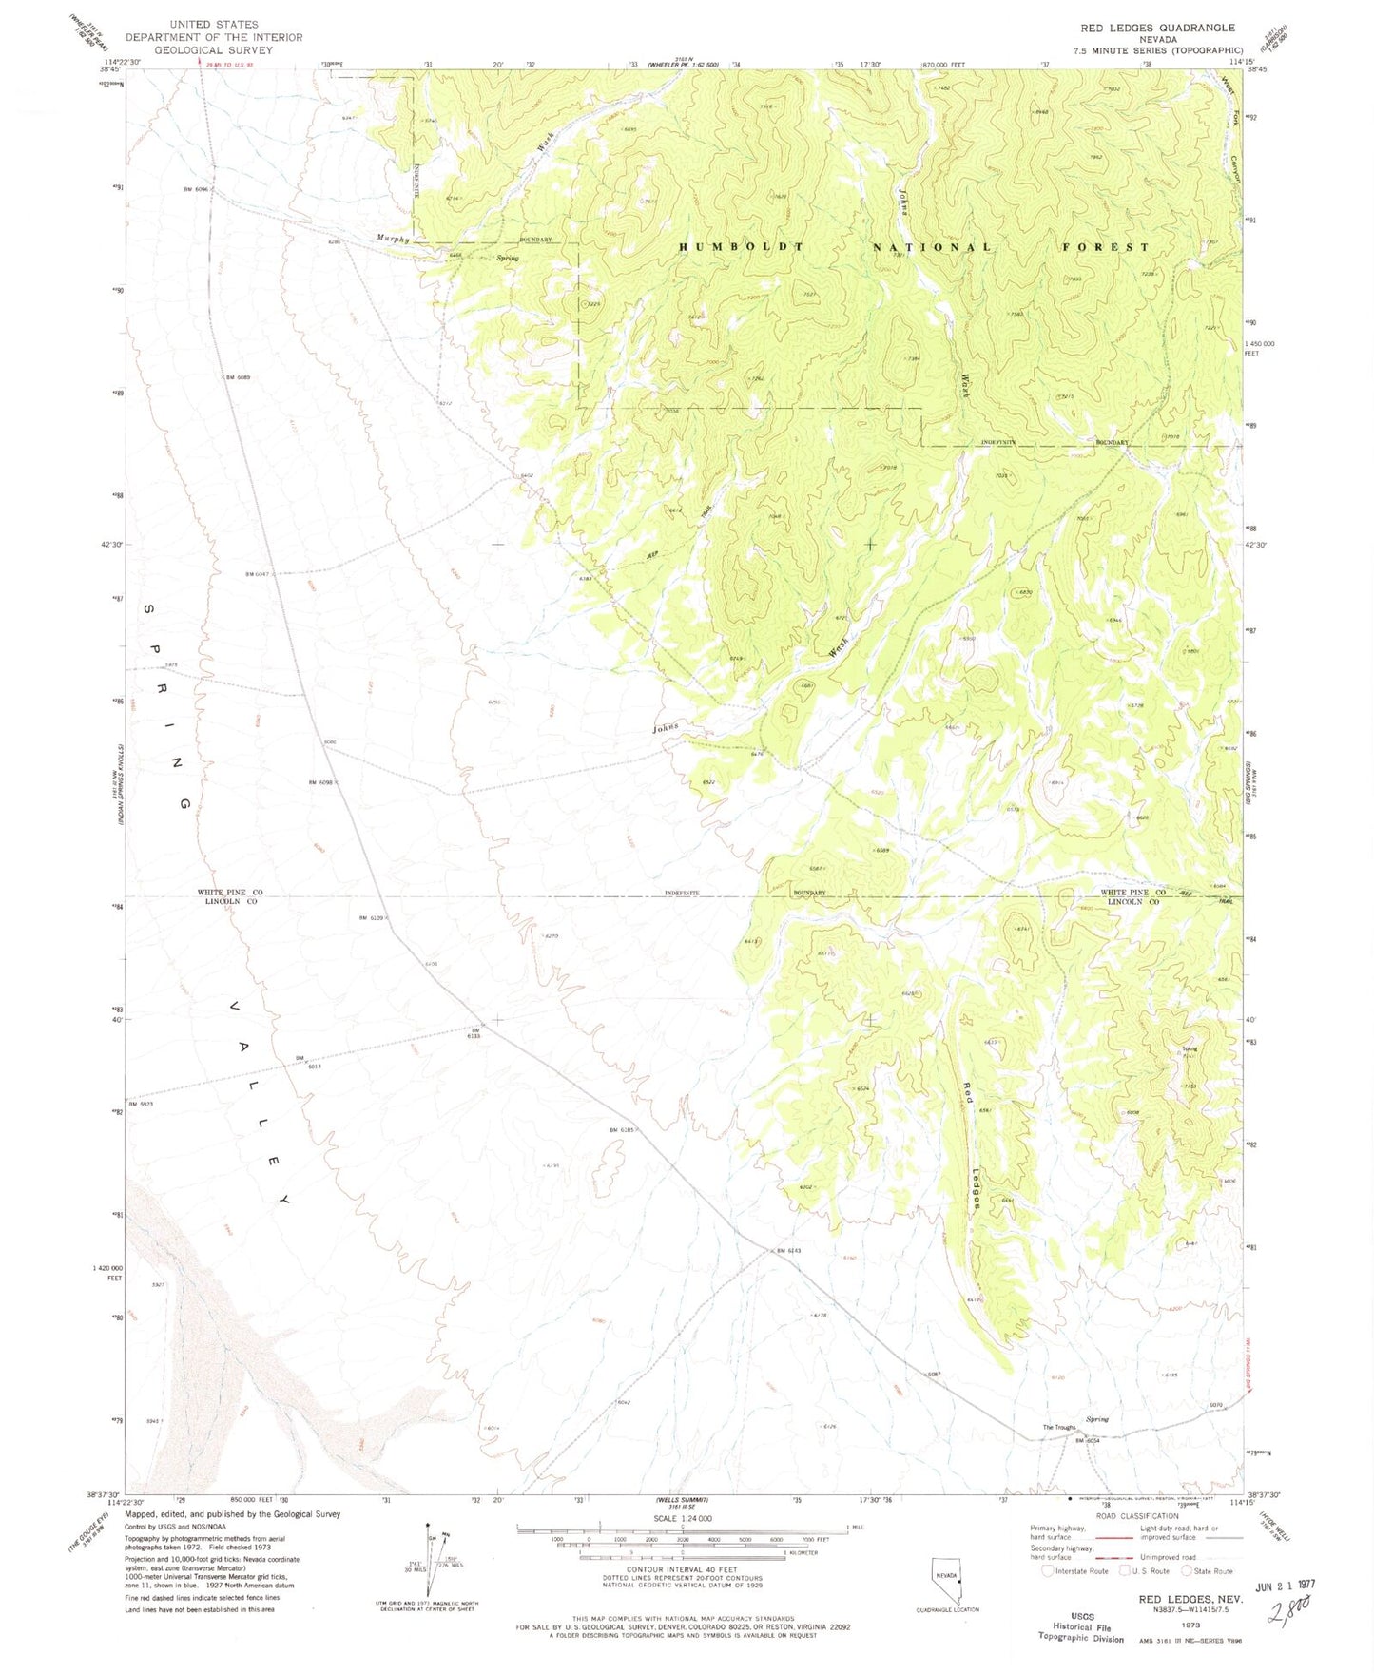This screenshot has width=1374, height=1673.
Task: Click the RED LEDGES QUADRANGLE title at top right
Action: pyautogui.click(x=1157, y=28)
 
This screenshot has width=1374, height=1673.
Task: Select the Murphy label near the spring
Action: pyautogui.click(x=393, y=239)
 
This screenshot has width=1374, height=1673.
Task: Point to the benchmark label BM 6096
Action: pyautogui.click(x=196, y=190)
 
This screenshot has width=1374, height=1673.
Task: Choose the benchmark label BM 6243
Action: pyautogui.click(x=789, y=1250)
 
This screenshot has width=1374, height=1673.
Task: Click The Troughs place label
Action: pyautogui.click(x=1058, y=1427)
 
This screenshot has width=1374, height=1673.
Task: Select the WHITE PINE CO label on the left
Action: pyautogui.click(x=229, y=893)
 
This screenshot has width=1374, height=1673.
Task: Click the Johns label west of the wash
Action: pyautogui.click(x=666, y=729)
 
